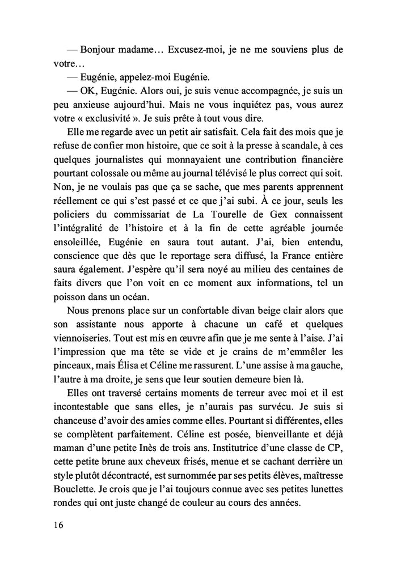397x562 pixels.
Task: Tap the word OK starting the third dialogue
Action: (x=90, y=91)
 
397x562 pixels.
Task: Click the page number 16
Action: (x=59, y=525)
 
